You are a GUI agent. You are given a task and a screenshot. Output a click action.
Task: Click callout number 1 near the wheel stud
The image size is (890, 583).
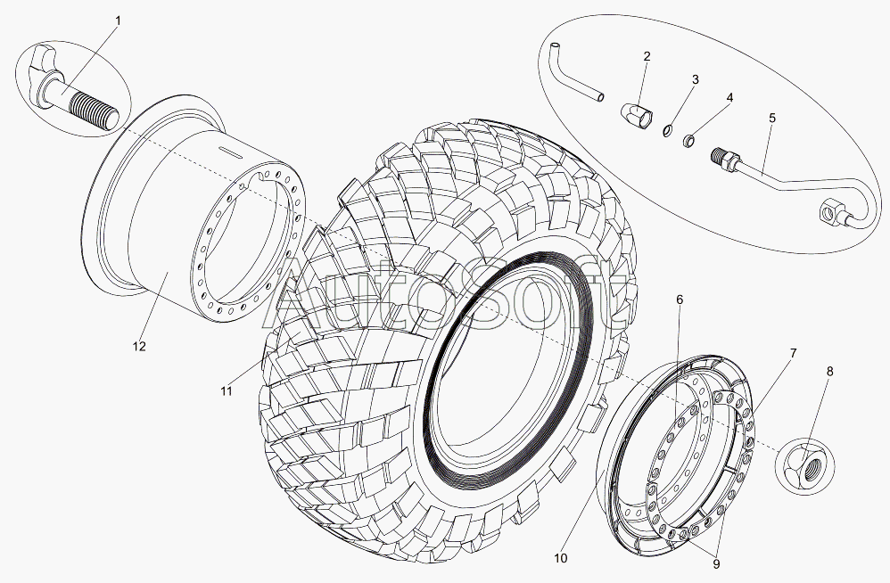tap(118, 21)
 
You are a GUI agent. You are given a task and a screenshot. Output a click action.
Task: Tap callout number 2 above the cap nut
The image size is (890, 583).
tap(647, 56)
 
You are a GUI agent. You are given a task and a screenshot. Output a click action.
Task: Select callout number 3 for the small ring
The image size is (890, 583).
tap(695, 78)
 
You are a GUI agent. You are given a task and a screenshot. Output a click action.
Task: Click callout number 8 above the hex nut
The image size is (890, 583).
tap(830, 372)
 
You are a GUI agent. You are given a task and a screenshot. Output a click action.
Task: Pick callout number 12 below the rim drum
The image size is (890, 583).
tap(139, 346)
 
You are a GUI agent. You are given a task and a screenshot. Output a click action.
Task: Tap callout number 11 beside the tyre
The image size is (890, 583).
tap(227, 390)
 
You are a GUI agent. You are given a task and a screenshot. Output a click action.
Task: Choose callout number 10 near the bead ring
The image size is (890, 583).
tap(560, 558)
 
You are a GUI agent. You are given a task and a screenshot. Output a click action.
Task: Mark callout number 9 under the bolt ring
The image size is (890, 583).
tap(716, 563)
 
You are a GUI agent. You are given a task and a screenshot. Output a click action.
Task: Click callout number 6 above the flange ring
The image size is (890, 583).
tap(680, 300)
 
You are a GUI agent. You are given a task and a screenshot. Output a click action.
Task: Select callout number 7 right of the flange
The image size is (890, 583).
tap(793, 353)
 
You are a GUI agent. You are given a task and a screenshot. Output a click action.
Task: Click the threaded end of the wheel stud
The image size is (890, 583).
tap(95, 111)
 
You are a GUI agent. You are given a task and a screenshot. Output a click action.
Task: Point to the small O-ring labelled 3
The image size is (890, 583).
tap(667, 131)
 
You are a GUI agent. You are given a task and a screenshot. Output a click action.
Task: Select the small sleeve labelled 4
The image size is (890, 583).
tap(688, 139)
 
